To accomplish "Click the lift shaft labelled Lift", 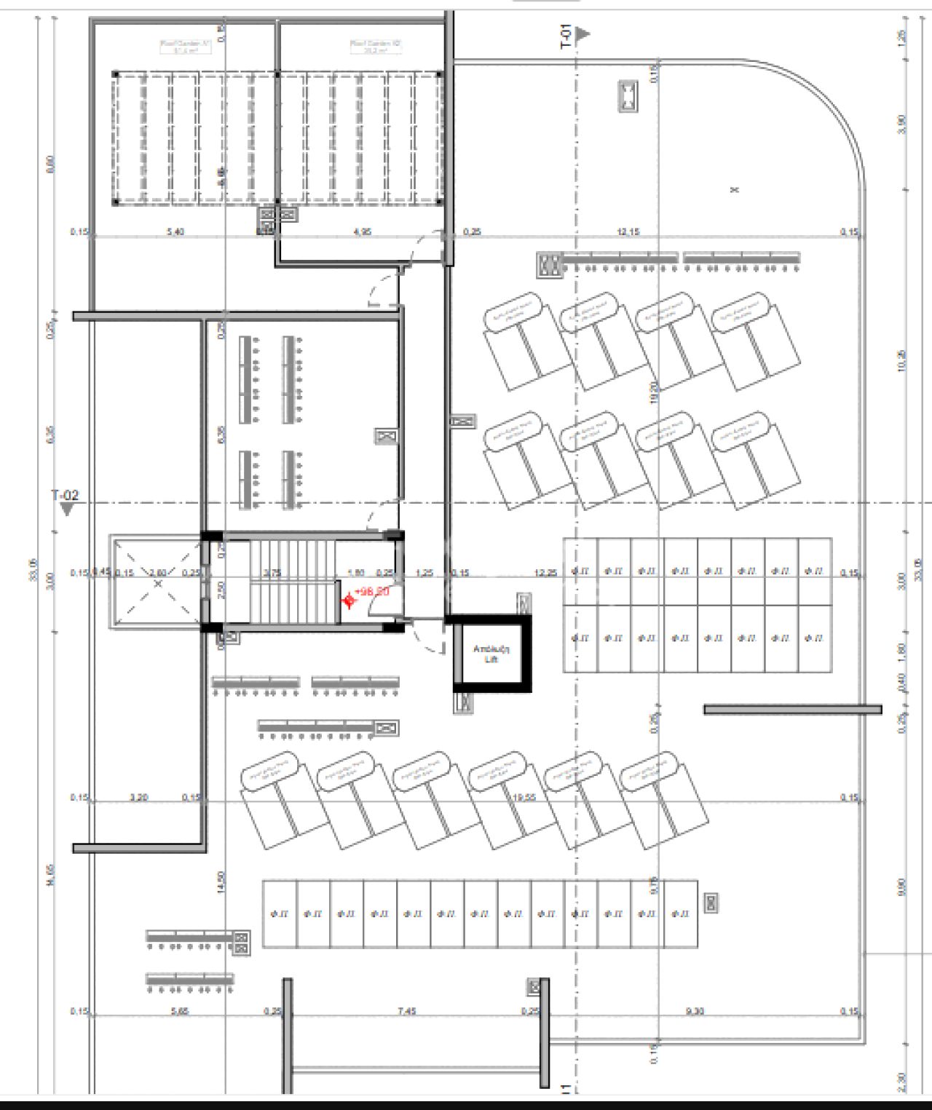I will (490, 653).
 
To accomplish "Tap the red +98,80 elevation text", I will (372, 592).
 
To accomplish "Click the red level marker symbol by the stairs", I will (349, 600).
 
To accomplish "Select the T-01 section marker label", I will (566, 36).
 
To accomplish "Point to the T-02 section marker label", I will (64, 496).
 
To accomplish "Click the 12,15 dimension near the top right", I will (628, 232).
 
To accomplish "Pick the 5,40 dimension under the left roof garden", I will (175, 232).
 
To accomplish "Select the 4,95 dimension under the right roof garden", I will (362, 232).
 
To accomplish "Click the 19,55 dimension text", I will (524, 798).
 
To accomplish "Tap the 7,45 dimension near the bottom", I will (406, 1011).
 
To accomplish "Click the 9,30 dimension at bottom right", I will (695, 1011).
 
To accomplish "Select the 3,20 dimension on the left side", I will (138, 798).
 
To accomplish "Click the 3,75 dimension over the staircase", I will (272, 573).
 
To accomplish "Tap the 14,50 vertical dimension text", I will (221, 882).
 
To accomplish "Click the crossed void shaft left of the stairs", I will (157, 582).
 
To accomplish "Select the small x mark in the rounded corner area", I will (734, 190).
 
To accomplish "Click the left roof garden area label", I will (185, 47).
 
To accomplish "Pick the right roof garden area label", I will (376, 47).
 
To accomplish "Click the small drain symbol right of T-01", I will (628, 96).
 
